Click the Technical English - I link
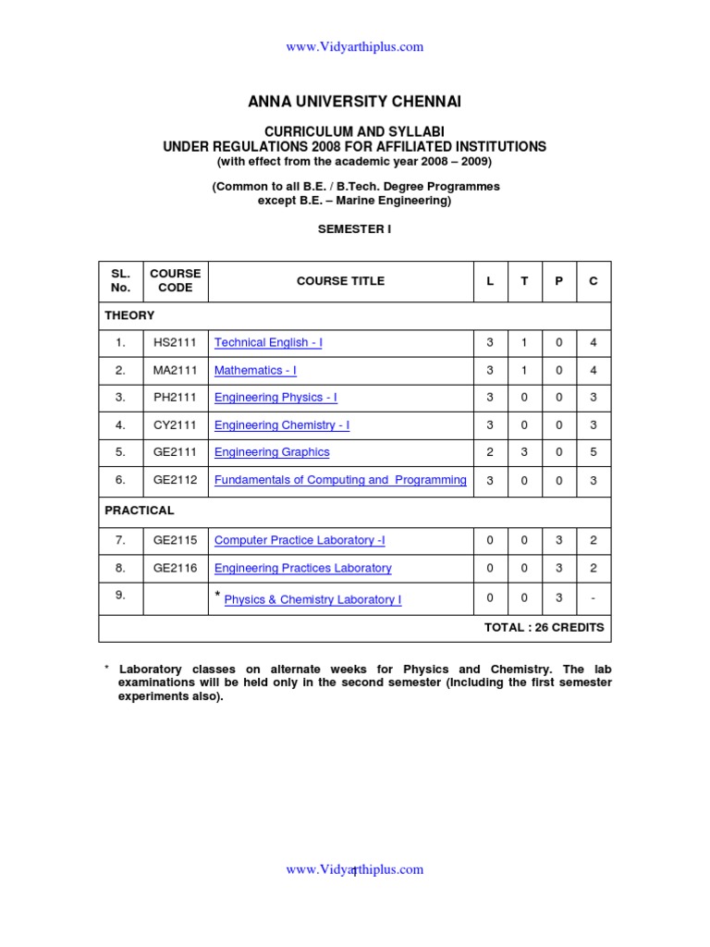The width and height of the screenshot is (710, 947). point(268,343)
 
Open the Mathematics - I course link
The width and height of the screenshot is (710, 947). point(255,371)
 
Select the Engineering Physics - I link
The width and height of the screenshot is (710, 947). point(275,398)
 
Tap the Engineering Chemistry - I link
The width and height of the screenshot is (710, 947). point(282,425)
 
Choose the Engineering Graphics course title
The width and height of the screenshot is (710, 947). point(272,452)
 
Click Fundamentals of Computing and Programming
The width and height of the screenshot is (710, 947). point(340,480)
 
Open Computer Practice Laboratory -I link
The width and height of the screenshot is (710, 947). point(300,540)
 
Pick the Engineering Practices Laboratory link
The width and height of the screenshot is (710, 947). point(302,568)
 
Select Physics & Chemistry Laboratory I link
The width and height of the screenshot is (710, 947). point(312,599)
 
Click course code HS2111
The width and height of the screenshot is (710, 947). point(176,343)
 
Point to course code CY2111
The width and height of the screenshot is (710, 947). point(176,425)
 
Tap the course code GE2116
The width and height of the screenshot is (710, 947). point(176,568)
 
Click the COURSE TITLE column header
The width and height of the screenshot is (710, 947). point(340,281)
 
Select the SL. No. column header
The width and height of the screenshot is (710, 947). point(121,281)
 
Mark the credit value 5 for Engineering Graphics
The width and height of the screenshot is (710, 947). point(594,452)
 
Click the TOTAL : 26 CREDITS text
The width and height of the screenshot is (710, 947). point(544,627)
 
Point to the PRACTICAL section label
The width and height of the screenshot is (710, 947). point(139,510)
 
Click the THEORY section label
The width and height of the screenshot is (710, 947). point(129,315)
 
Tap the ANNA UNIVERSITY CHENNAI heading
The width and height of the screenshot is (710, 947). point(355,100)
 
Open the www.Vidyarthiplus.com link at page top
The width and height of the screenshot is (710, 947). point(355,47)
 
